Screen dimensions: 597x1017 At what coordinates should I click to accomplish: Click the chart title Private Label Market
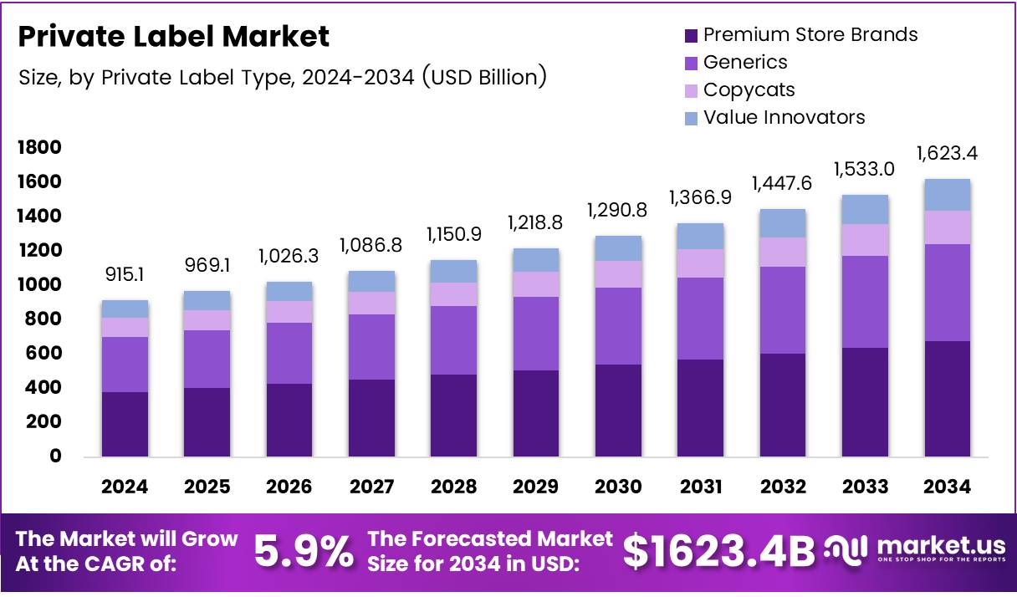173,37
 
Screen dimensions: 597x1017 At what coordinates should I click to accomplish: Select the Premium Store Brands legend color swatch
690,36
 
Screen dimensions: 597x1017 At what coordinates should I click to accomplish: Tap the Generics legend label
744,62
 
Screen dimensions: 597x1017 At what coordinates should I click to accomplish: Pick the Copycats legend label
749,89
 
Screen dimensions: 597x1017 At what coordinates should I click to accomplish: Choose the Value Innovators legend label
784,117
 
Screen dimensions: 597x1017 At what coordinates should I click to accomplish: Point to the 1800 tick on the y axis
39,148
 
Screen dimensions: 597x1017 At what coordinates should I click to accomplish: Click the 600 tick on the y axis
43,354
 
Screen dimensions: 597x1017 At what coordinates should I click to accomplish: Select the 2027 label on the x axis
371,487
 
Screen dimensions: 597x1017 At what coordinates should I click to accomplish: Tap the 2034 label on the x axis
947,487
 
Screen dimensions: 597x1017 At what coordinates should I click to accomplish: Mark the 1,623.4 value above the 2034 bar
947,154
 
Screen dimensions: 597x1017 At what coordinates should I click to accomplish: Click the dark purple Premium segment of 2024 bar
125,424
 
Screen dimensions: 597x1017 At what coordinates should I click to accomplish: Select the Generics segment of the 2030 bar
618,326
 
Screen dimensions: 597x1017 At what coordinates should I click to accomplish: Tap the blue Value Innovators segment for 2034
947,195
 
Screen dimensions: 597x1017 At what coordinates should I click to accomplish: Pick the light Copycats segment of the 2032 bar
783,252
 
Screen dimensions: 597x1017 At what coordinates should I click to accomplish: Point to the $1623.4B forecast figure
718,551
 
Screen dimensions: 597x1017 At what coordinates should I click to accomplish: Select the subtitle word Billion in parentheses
506,78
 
